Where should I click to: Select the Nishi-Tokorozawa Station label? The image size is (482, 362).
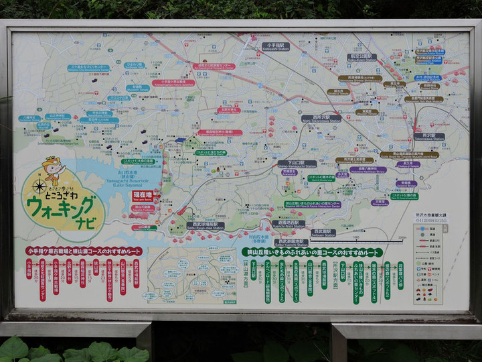click(321, 119)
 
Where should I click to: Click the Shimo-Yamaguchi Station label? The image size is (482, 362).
click(293, 165)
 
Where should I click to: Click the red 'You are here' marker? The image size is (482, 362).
click(142, 196)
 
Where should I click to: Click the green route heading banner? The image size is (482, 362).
click(312, 252)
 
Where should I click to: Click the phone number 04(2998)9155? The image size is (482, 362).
click(432, 219)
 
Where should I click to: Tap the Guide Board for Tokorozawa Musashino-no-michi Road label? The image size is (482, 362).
click(409, 155)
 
